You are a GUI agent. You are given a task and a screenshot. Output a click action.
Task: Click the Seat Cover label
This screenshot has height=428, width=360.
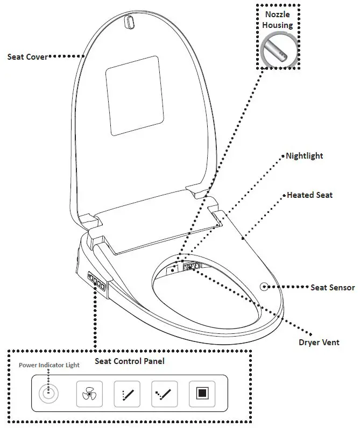pos(27,56)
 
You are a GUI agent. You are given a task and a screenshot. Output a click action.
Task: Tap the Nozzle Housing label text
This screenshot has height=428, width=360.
pos(278,20)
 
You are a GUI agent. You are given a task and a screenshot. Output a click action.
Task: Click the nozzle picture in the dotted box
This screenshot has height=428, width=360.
pos(278,50)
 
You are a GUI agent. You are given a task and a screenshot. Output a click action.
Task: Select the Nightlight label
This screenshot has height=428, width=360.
pos(304,156)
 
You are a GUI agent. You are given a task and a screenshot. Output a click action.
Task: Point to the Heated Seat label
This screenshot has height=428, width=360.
pos(309,195)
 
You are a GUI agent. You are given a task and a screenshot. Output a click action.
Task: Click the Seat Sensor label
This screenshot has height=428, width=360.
pos(332,288)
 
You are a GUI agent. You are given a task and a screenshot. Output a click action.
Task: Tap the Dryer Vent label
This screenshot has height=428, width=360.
pos(319,342)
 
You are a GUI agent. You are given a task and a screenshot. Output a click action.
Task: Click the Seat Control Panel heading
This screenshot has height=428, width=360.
pos(129,361)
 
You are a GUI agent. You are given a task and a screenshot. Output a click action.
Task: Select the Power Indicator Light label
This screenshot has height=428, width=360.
pos(49,365)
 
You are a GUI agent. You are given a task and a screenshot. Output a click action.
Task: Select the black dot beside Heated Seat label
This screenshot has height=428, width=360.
pos(284,195)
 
